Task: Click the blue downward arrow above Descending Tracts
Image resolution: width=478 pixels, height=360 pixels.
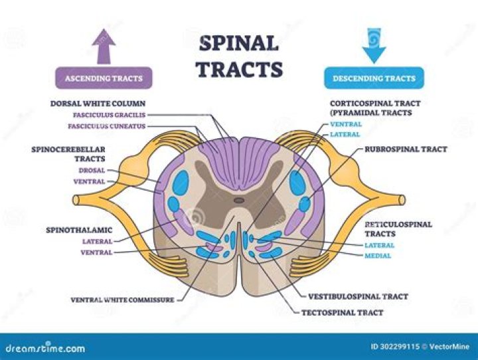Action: point(374,45)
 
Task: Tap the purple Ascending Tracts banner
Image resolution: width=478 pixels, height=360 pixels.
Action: point(104,78)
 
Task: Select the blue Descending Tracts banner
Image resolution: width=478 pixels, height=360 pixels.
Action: point(374,78)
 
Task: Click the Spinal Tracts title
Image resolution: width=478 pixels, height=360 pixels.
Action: point(238,56)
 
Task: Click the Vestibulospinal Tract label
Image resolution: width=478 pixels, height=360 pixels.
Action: point(358,296)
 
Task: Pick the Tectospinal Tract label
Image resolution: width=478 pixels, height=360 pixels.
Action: point(343,312)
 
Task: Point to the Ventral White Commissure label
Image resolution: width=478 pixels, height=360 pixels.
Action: point(122,300)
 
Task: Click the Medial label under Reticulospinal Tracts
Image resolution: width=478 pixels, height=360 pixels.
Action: point(377,256)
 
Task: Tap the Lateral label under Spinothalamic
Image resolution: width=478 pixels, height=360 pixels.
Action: point(97,241)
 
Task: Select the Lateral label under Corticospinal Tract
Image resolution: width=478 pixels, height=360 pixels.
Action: point(345,135)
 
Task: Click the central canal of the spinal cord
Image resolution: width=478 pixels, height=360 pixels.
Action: point(239,199)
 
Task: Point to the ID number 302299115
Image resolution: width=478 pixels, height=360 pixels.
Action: point(395,347)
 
